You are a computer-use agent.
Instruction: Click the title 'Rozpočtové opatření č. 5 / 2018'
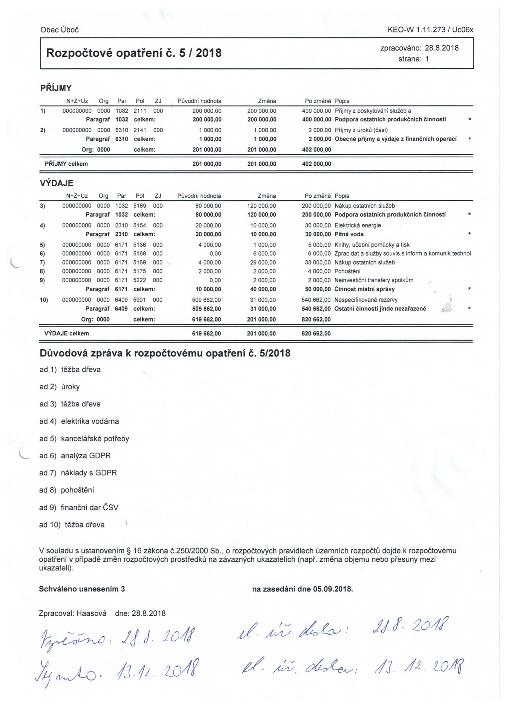(x=134, y=53)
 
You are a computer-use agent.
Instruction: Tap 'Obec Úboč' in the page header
(x=59, y=30)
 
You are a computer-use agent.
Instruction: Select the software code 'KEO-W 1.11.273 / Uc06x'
(x=430, y=30)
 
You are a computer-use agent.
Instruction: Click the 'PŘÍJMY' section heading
(x=56, y=88)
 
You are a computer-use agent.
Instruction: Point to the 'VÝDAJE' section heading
(x=56, y=183)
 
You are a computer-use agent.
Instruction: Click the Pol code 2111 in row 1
(x=140, y=111)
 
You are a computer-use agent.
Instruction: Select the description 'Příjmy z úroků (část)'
(x=361, y=130)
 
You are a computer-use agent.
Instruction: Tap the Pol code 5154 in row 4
(x=140, y=225)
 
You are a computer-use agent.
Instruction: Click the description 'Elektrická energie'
(x=357, y=225)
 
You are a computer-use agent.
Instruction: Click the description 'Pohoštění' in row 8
(x=347, y=271)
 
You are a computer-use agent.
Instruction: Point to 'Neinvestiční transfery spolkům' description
(x=374, y=280)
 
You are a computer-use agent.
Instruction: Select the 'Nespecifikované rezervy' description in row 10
(x=366, y=300)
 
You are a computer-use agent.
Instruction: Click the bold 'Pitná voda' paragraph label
(x=349, y=234)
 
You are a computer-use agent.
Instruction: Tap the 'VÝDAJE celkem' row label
(x=67, y=333)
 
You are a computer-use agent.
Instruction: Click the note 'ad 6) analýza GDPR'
(x=75, y=456)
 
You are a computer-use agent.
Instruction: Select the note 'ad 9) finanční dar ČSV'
(x=79, y=508)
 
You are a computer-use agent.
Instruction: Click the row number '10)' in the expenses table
(x=44, y=300)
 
